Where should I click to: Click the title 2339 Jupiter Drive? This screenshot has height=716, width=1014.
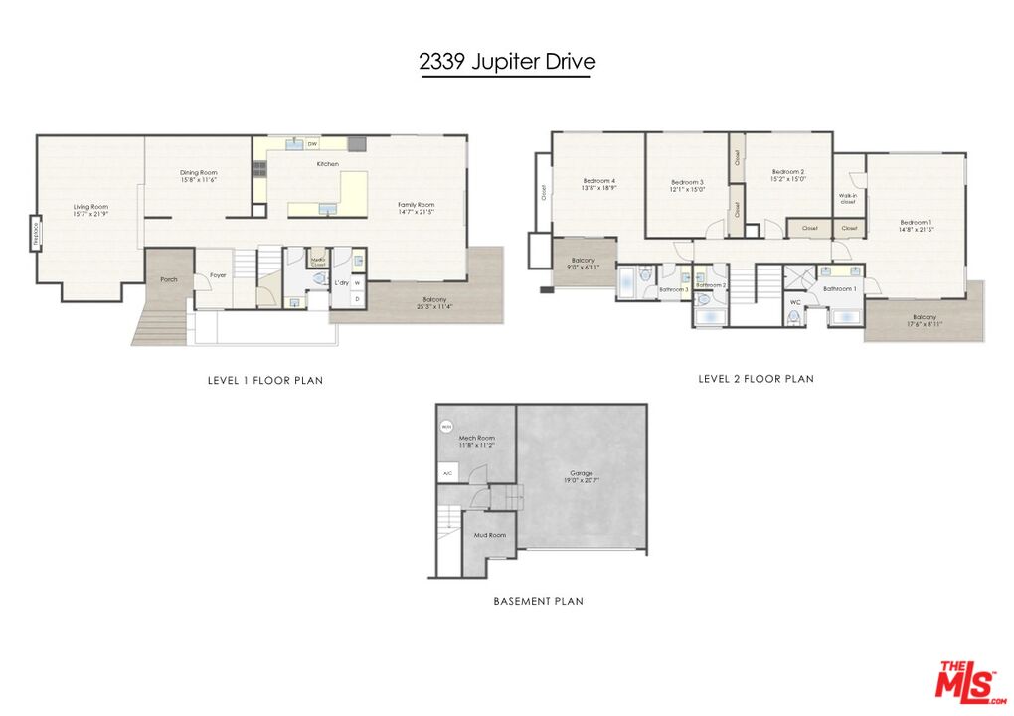point(507,62)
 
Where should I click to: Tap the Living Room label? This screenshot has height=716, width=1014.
point(90,207)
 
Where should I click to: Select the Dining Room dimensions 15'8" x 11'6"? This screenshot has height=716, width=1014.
point(199,180)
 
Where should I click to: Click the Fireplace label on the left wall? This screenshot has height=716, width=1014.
point(36,234)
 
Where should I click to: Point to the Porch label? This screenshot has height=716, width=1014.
point(169,279)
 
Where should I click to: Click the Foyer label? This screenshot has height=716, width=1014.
point(218,275)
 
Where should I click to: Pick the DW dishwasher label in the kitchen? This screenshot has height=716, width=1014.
point(312,145)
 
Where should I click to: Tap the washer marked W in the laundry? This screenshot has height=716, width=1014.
point(357,283)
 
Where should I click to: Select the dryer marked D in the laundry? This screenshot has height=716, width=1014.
point(357,298)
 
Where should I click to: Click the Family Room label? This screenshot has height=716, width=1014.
point(417,204)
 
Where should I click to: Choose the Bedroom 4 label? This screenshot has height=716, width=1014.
point(599,180)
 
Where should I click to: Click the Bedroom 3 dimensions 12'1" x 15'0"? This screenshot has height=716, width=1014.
point(688,189)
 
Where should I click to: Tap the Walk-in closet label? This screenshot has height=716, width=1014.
point(848,199)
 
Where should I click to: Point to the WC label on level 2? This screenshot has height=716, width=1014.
point(795,302)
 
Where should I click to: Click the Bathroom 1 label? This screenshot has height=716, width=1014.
point(839,288)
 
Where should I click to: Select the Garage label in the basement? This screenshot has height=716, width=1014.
point(582,472)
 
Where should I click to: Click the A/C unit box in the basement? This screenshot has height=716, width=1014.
point(447,473)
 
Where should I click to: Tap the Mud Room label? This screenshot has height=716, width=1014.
point(489,535)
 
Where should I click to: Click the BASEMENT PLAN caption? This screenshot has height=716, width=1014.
point(538,601)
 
